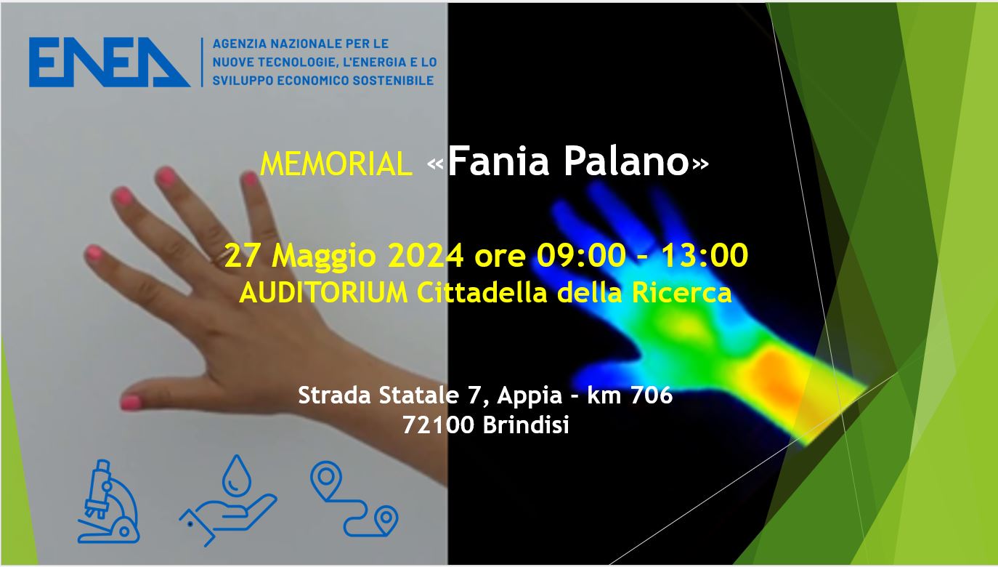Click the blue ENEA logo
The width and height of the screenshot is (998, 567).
[x=109, y=62]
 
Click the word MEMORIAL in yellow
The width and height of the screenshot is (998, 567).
[x=336, y=164]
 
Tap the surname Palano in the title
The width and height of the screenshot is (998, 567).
[x=627, y=161]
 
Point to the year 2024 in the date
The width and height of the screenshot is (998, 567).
[x=426, y=256]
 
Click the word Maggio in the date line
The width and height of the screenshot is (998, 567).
[x=323, y=257]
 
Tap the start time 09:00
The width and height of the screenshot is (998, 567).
[x=581, y=256]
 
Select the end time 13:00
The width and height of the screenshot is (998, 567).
[x=705, y=256]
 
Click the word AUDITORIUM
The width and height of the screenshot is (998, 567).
[x=323, y=293]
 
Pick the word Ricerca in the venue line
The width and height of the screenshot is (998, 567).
[x=681, y=293]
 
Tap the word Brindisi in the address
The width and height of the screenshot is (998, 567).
[x=526, y=425]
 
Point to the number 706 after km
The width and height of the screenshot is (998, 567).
[x=652, y=395]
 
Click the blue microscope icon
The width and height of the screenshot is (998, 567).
[x=109, y=502]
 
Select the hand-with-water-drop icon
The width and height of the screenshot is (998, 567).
[x=228, y=500]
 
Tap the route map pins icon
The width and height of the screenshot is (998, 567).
[x=354, y=499]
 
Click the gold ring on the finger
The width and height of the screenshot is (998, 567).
[x=222, y=257]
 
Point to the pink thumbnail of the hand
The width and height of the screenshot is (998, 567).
[x=131, y=403]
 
